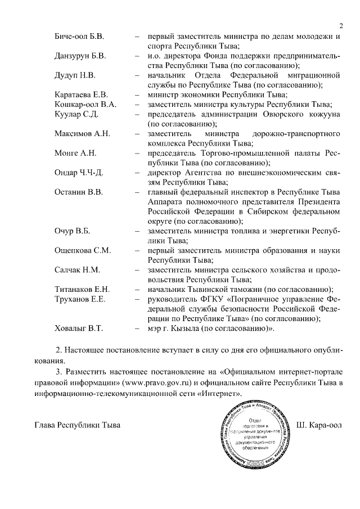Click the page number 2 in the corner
click(341, 25)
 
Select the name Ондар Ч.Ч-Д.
click(79, 172)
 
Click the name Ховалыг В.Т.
click(78, 327)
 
